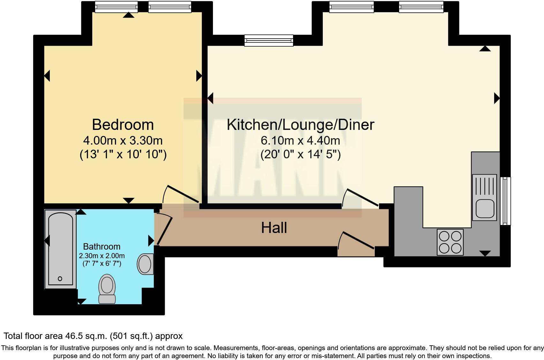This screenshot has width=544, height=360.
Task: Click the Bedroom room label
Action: click(x=123, y=124)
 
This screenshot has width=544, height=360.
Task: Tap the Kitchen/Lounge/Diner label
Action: click(x=300, y=124)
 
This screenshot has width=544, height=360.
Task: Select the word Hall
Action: click(x=274, y=228)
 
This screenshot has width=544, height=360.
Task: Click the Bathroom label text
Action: click(x=102, y=246)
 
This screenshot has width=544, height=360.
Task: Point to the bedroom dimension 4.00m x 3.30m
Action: click(x=123, y=140)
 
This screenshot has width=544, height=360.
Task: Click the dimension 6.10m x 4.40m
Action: click(x=300, y=140)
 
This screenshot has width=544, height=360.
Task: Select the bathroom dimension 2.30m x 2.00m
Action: click(x=102, y=256)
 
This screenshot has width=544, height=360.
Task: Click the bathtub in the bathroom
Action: click(x=60, y=249)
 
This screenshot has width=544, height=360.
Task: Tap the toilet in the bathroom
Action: click(x=107, y=289)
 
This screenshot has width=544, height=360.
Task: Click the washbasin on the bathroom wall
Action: click(x=145, y=264)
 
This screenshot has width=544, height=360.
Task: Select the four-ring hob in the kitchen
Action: click(x=450, y=242)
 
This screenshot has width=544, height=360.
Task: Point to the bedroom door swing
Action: click(x=180, y=195)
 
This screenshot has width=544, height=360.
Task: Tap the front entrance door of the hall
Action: click(x=356, y=241)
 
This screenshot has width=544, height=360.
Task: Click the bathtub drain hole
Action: click(x=60, y=279)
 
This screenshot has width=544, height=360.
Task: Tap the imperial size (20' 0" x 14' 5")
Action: click(x=300, y=154)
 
